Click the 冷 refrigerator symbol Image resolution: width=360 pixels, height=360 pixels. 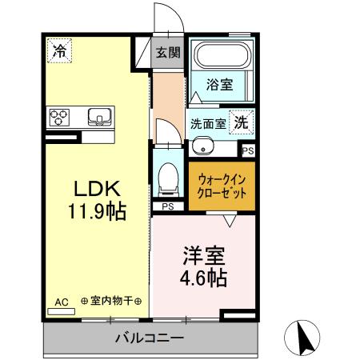tap(58, 50)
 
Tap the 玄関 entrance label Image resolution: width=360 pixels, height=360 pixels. tap(168, 53)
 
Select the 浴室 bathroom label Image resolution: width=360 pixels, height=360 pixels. tap(220, 83)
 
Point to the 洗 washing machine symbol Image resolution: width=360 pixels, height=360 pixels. tap(240, 122)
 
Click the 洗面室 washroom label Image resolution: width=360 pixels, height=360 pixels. tap(208, 124)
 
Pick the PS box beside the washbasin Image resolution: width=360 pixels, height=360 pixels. tap(248, 150)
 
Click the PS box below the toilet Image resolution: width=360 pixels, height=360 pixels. tap(168, 207)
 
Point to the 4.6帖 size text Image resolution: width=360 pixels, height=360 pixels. tap(202, 278)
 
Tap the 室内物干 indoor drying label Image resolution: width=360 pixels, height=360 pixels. tap(111, 302)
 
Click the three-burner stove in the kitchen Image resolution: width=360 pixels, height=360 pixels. tap(60, 116)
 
